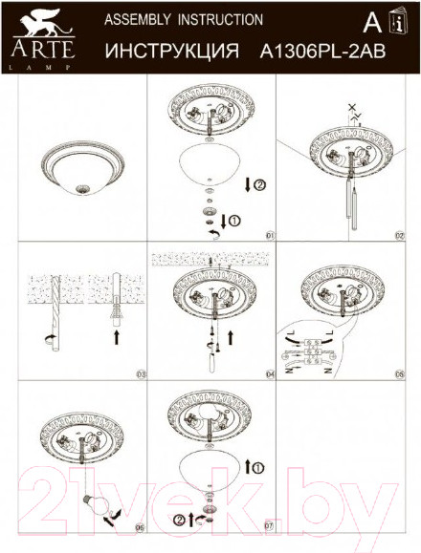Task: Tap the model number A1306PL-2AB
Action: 315,53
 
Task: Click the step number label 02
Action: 400,234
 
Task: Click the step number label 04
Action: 270,373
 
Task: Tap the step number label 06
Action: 140,526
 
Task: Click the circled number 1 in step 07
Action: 255,468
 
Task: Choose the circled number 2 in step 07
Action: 178,521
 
